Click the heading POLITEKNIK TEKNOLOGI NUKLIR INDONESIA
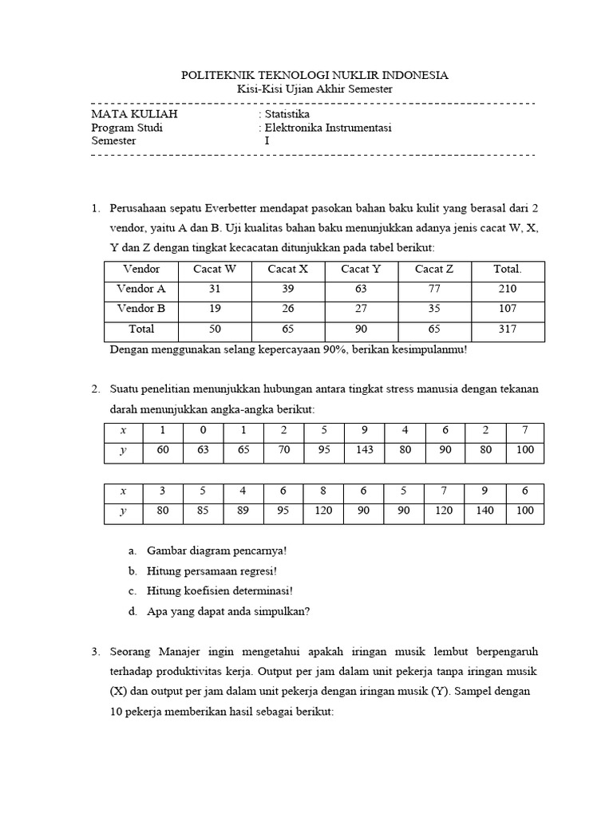pos(315,75)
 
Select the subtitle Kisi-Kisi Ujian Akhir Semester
pos(315,89)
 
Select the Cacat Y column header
pos(360,269)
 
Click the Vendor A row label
pos(141,289)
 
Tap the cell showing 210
pos(507,289)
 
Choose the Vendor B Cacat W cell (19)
pos(214,309)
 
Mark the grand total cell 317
pos(507,329)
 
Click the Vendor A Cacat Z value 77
pos(434,289)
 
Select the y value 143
pos(364,450)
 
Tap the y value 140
pos(485,511)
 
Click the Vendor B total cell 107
pos(507,309)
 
